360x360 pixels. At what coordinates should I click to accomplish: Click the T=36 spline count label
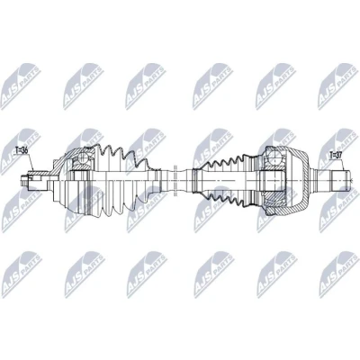pyautogui.click(x=22, y=150)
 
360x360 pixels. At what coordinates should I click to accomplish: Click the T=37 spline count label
pyautogui.click(x=337, y=155)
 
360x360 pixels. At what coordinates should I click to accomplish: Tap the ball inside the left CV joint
pyautogui.click(x=85, y=157)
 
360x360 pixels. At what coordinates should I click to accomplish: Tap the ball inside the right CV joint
pyautogui.click(x=274, y=157)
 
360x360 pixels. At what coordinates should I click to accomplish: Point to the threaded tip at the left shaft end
pyautogui.click(x=24, y=181)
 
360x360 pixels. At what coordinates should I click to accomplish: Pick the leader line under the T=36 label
pyautogui.click(x=31, y=163)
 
